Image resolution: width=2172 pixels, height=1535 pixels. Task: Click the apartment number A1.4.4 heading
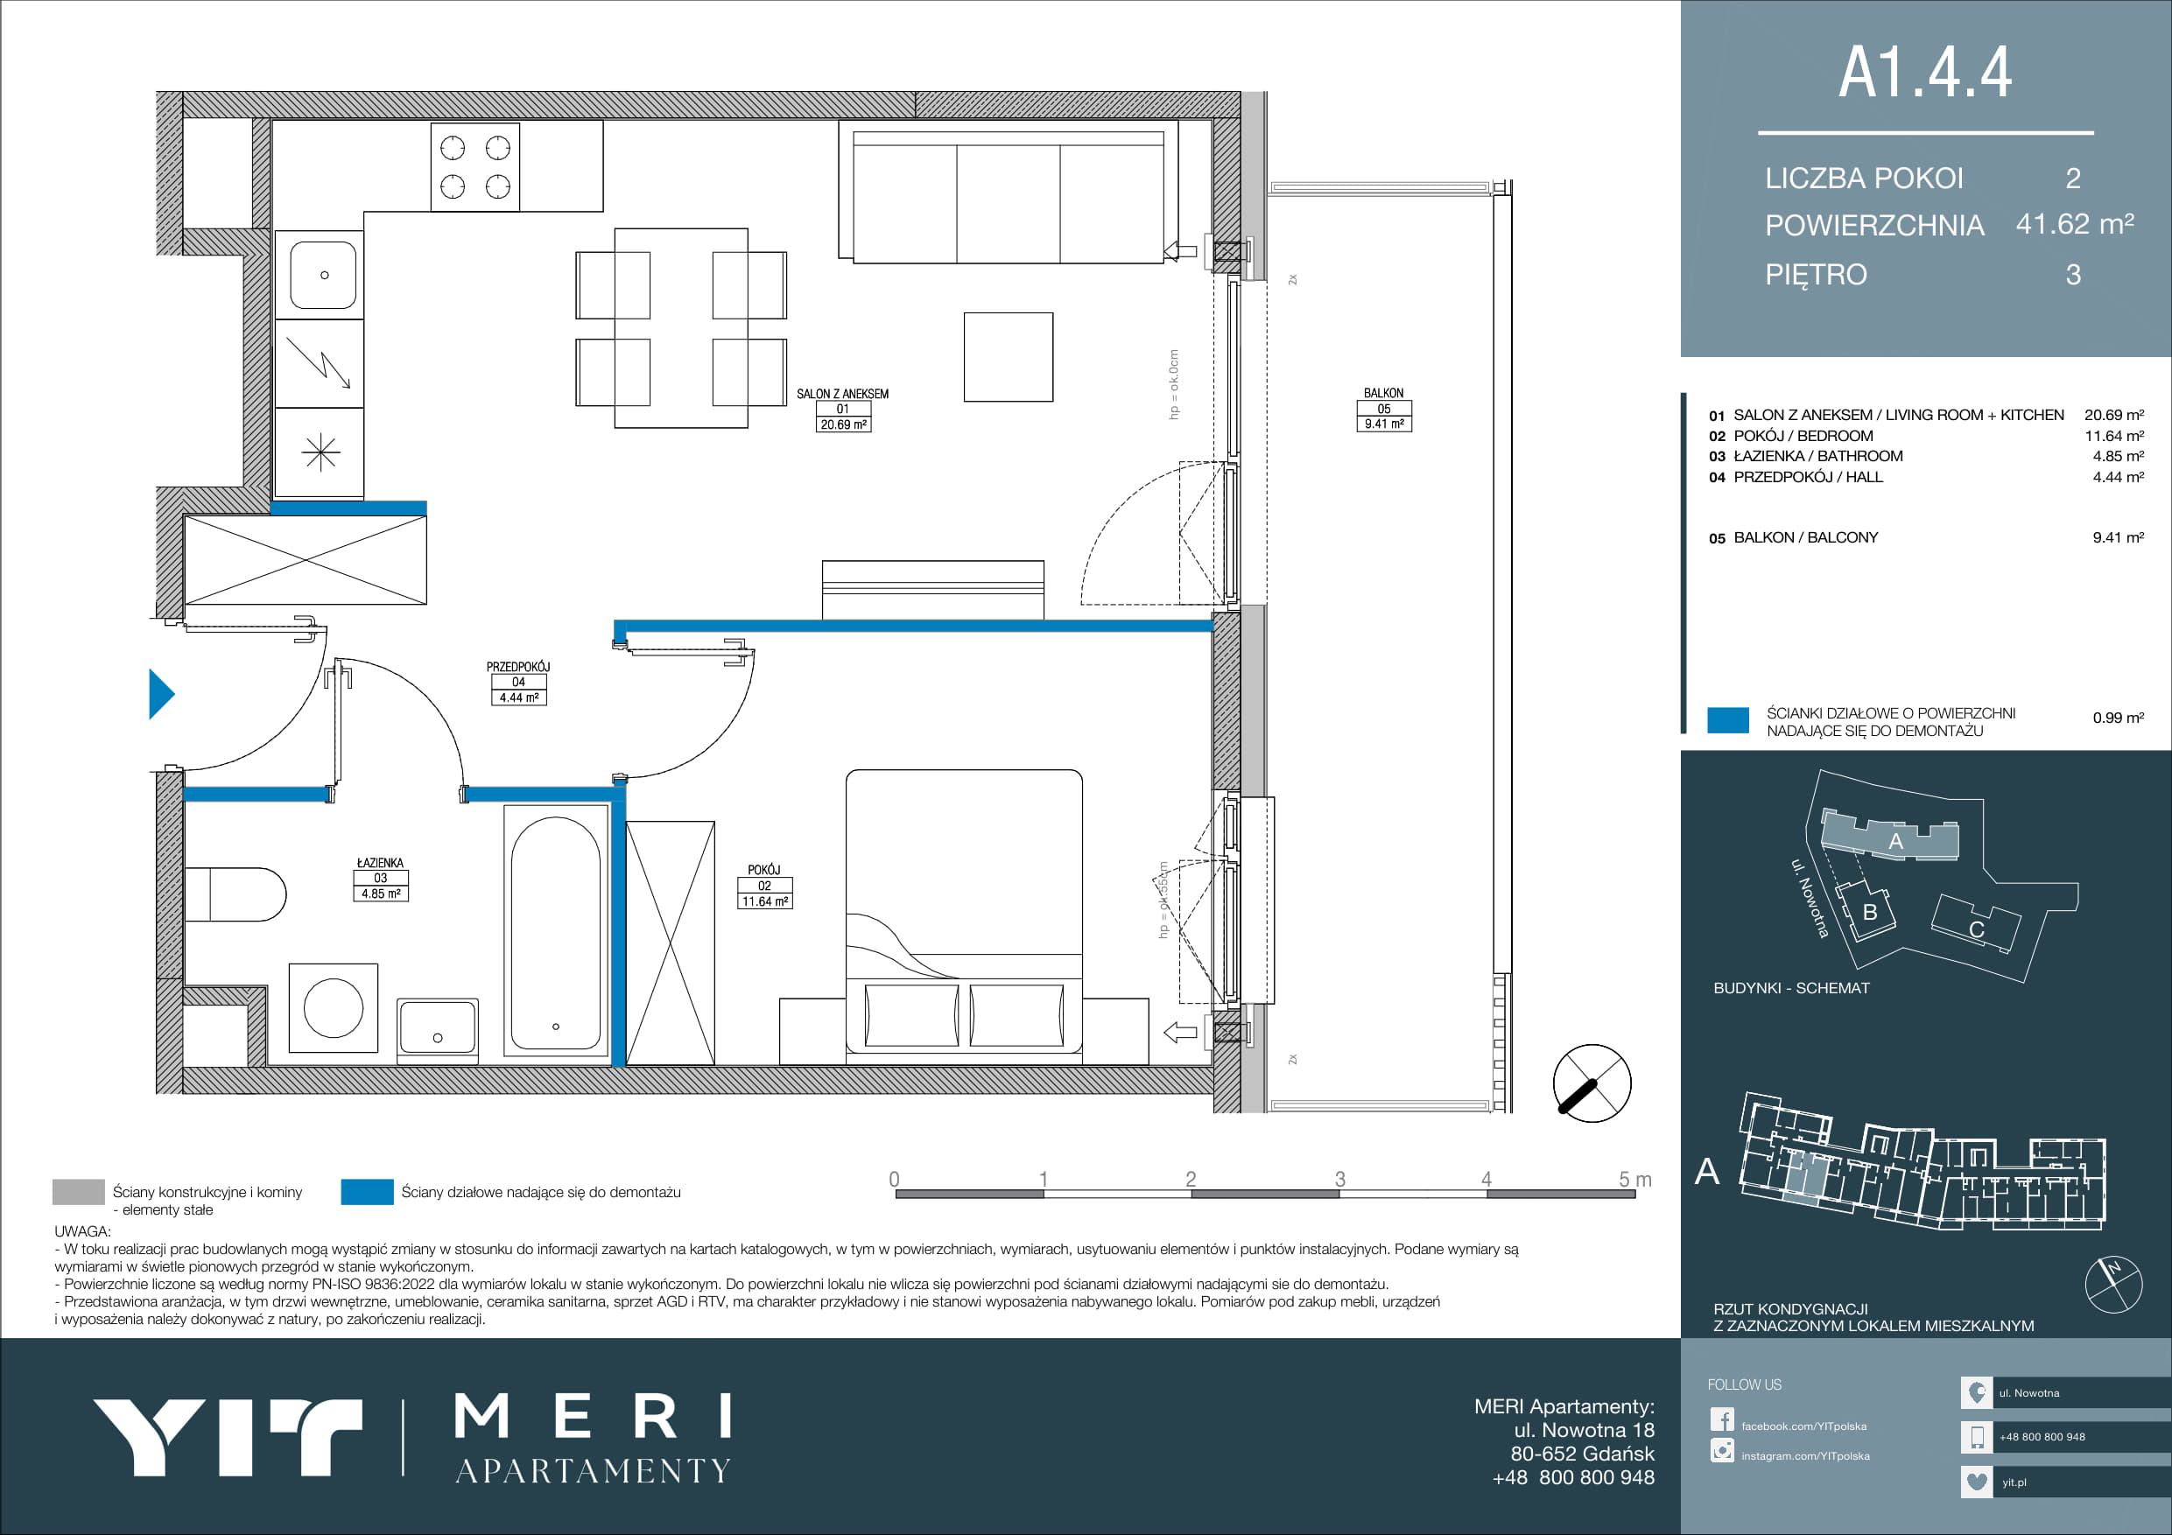click(x=1924, y=72)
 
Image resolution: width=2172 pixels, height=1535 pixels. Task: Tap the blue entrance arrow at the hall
click(x=162, y=694)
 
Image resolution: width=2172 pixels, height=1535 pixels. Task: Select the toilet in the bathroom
click(x=235, y=894)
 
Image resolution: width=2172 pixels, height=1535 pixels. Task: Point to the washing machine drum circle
click(x=333, y=1007)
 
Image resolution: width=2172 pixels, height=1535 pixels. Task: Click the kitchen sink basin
click(x=324, y=275)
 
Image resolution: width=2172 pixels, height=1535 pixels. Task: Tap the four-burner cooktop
click(x=474, y=166)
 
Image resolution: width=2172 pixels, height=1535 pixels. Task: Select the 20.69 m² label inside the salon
click(x=843, y=424)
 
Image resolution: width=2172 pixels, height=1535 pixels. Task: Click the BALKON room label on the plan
click(x=1383, y=392)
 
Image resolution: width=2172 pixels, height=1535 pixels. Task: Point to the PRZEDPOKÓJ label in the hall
click(x=517, y=667)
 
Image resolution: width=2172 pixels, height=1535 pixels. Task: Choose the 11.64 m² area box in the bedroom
click(x=764, y=901)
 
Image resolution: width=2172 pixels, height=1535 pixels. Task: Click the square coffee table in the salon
click(x=1009, y=358)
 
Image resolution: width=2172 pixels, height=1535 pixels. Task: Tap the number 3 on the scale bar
click(x=1339, y=1179)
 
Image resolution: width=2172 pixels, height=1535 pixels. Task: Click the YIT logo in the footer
click(x=227, y=1437)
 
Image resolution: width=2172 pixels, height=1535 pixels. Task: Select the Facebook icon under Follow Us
click(x=1722, y=1419)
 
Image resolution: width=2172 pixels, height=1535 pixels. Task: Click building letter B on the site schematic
click(x=1869, y=912)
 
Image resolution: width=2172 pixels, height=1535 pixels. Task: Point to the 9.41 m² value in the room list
click(x=2118, y=537)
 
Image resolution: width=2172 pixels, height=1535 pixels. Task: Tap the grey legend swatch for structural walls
click(x=79, y=1192)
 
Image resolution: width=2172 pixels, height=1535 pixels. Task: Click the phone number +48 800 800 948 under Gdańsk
click(x=1573, y=1477)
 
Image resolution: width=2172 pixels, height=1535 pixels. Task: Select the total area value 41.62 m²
click(x=2075, y=224)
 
